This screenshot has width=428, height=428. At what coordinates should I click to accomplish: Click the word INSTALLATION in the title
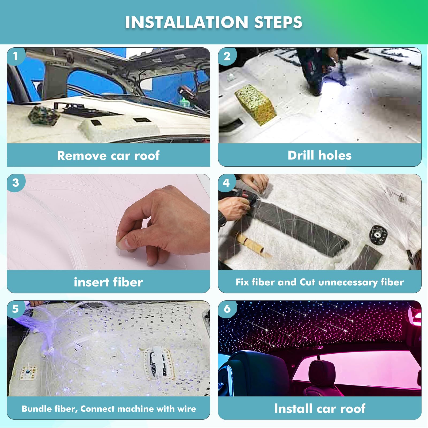tap(186, 22)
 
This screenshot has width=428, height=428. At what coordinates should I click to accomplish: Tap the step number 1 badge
tap(15, 56)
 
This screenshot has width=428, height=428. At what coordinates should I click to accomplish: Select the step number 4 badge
tap(226, 183)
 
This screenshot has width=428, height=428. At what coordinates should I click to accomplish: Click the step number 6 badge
tap(227, 309)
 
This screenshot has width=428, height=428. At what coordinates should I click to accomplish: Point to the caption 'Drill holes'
tap(319, 155)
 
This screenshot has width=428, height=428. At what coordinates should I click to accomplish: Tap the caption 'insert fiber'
tap(108, 282)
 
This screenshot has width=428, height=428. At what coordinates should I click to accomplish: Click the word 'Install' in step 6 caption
tap(293, 409)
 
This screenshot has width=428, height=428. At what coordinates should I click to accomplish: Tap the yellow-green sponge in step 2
tap(255, 104)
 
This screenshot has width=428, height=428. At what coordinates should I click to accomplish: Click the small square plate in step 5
tap(29, 372)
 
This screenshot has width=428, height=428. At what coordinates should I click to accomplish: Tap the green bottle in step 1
tap(184, 103)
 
